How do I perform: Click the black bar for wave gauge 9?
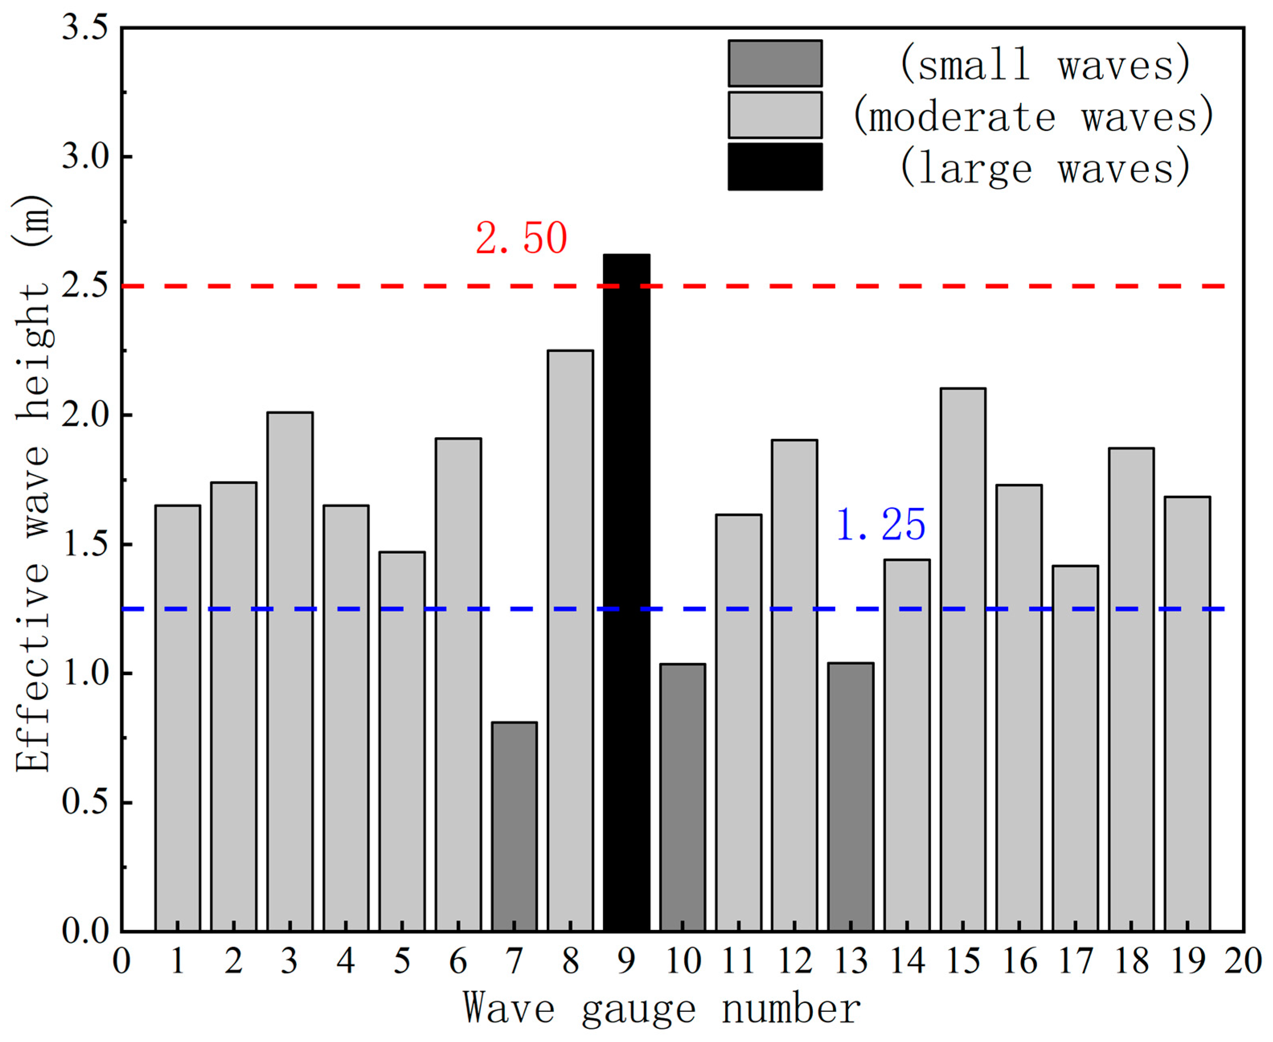pos(626,594)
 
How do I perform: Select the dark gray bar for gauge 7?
pos(514,828)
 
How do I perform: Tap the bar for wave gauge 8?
pos(570,642)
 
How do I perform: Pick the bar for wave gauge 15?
pos(963,660)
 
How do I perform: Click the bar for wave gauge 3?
pos(290,672)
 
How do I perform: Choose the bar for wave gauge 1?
pos(178,720)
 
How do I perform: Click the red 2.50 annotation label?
pos(521,239)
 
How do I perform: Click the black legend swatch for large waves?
pos(775,167)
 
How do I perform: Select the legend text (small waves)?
pos(1045,64)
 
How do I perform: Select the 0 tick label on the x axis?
pos(122,961)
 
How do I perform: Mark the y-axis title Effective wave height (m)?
pos(33,483)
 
